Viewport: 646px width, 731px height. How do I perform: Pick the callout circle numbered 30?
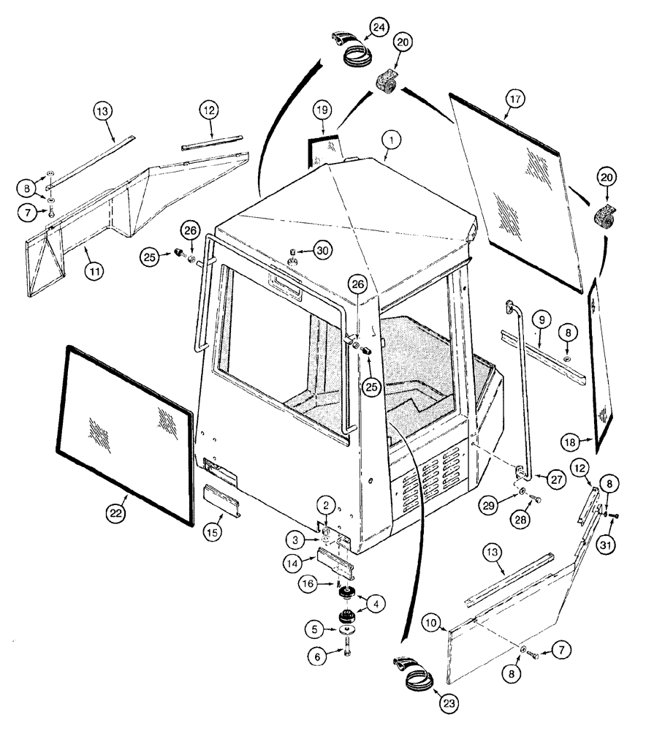click(x=323, y=249)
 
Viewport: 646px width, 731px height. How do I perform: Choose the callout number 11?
click(x=93, y=271)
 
